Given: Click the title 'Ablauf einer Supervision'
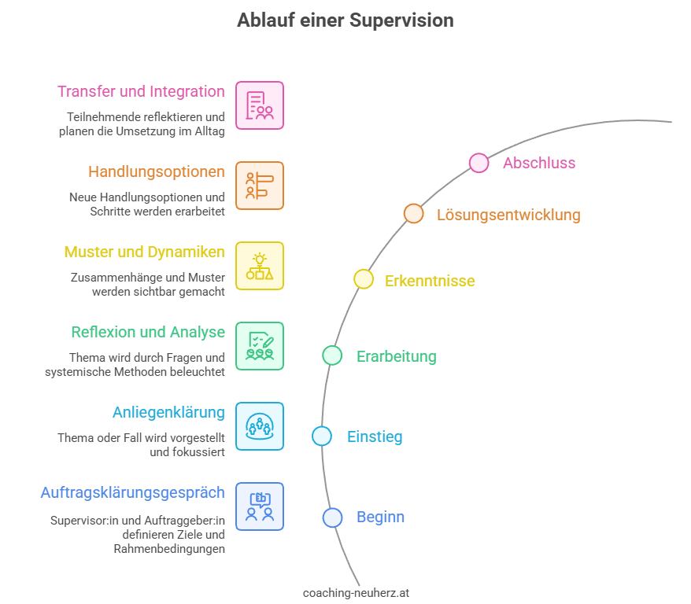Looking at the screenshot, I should coord(345,20).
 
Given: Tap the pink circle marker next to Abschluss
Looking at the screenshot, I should coord(479,163).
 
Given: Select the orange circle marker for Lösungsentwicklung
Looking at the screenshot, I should coord(413,214).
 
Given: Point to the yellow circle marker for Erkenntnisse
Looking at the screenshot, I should coord(363,279).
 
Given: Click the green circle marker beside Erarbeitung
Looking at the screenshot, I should coord(332,355).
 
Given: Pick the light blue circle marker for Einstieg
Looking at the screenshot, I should coord(322,436).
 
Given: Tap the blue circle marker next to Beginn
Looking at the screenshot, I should coord(332,517).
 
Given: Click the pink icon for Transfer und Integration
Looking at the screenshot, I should coord(260,105).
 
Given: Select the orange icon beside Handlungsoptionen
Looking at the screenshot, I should coord(260,186).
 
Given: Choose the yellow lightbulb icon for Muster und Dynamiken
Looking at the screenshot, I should coord(260,266).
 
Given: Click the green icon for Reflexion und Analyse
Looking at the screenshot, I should coord(260,346).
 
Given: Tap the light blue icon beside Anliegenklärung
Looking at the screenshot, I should coord(260,426).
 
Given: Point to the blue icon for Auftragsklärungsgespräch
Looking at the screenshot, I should coord(260,506).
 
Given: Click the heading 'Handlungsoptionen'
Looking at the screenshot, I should coord(156,171).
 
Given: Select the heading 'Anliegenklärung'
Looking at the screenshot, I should coord(168,412).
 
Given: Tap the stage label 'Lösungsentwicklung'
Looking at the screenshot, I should coord(508,215).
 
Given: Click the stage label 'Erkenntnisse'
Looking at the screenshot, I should coord(430,281).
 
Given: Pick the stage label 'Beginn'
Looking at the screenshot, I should coord(380,517).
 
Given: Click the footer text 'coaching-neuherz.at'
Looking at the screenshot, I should coord(356,593).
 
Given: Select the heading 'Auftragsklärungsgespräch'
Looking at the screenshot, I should coord(132,493).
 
